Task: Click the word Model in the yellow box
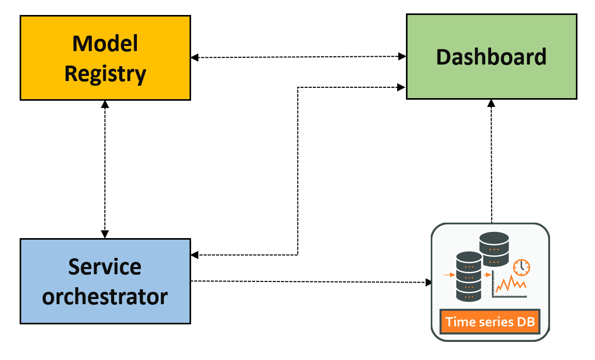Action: (105, 43)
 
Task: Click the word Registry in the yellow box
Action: (105, 74)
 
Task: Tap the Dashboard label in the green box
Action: (491, 56)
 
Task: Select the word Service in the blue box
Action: (105, 267)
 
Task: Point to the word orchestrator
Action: (105, 296)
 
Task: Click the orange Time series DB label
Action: (490, 322)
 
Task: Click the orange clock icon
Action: (522, 267)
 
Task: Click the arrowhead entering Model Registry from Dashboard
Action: (194, 58)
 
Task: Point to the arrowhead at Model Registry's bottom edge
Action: (105, 103)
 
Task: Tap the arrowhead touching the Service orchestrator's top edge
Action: (105, 235)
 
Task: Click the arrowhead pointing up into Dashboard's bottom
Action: (491, 102)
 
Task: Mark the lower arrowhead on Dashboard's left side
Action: (402, 87)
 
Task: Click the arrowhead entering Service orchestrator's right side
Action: (194, 255)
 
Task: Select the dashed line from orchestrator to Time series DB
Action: (310, 281)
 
